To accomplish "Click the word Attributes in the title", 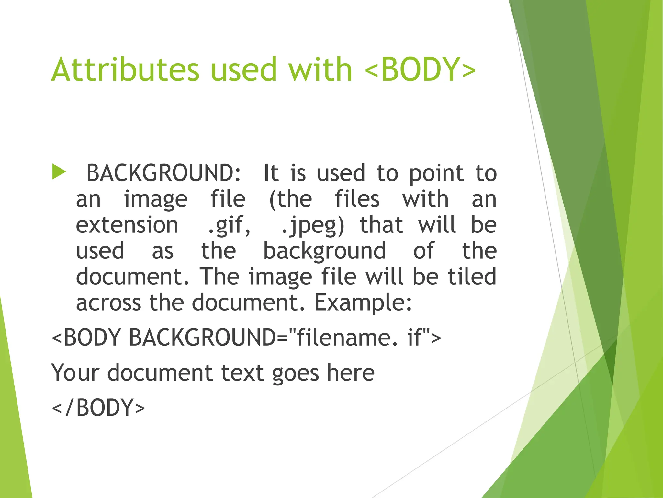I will click(125, 69).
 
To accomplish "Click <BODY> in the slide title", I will click(420, 69).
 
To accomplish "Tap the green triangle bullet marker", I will click(59, 172).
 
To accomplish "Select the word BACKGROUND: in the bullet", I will click(164, 173).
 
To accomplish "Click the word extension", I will click(127, 225).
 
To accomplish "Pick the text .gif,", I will click(229, 225).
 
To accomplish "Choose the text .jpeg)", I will click(313, 225).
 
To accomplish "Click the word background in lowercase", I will click(324, 251).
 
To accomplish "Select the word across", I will click(108, 302).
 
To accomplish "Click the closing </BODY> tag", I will click(98, 408).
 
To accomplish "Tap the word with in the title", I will click(320, 69).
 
